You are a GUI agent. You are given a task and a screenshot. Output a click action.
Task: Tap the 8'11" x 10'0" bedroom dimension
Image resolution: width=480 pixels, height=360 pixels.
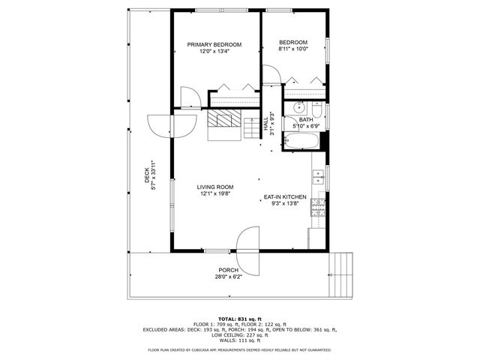(293, 49)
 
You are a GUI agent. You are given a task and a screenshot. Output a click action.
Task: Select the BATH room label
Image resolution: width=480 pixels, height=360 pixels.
(306, 120)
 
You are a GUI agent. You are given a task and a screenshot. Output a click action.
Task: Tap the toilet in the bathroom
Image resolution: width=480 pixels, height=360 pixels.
(317, 112)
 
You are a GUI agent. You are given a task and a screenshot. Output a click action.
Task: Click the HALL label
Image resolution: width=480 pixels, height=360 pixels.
(265, 126)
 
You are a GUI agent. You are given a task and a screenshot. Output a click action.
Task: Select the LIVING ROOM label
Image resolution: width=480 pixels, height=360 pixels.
(215, 187)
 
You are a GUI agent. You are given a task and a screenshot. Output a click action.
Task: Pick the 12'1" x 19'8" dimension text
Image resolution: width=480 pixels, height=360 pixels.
(215, 194)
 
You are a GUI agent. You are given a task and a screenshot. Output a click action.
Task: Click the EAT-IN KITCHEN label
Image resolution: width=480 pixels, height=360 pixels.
(285, 196)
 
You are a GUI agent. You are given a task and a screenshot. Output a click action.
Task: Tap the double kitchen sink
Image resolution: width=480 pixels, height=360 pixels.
(318, 176)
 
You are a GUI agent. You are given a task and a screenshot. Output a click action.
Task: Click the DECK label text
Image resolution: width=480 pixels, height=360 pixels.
(147, 175)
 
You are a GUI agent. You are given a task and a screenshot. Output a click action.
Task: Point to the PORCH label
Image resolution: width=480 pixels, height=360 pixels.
(229, 270)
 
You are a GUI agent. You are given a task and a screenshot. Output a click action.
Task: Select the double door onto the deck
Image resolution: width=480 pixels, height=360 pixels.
(159, 124)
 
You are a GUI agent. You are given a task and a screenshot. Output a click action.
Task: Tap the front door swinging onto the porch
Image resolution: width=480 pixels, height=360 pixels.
(247, 239)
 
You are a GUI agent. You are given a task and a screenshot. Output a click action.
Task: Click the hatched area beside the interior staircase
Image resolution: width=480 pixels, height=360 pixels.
(222, 118)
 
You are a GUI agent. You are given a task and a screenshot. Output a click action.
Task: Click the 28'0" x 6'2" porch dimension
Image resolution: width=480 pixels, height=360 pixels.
(229, 277)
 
